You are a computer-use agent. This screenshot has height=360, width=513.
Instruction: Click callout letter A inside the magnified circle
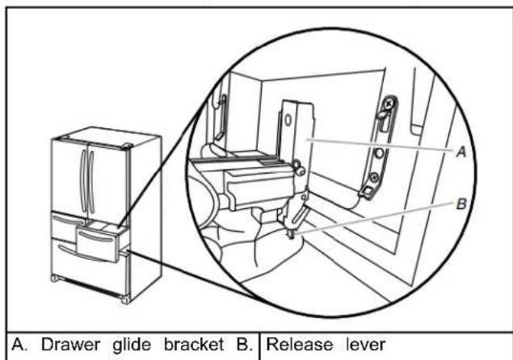461,152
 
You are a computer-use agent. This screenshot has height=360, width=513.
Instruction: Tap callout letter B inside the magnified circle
461,204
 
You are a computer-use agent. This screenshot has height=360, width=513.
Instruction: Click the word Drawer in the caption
70,345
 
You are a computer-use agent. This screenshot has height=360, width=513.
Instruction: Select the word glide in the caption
132,345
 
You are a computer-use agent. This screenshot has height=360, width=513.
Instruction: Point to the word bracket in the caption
194,345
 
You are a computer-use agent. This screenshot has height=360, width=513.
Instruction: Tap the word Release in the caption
300,345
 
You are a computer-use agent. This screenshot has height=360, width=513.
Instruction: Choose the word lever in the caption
366,345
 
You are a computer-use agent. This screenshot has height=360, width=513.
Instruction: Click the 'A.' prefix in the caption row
19,345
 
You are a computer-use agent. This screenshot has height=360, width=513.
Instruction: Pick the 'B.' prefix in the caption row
244,345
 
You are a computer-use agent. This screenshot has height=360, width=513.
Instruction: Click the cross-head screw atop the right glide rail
389,104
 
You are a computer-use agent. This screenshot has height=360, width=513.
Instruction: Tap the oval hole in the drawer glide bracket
288,120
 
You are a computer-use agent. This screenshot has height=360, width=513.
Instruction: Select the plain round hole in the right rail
379,153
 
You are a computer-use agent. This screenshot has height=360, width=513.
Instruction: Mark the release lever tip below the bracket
291,235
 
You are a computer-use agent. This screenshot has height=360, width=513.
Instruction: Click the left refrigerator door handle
84,181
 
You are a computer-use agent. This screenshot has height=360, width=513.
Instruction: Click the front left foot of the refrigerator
54,278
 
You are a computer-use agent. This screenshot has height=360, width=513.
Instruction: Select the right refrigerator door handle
91,182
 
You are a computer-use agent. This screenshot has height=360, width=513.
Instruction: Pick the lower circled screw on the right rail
374,178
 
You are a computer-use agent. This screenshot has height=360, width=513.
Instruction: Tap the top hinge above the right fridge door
126,146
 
